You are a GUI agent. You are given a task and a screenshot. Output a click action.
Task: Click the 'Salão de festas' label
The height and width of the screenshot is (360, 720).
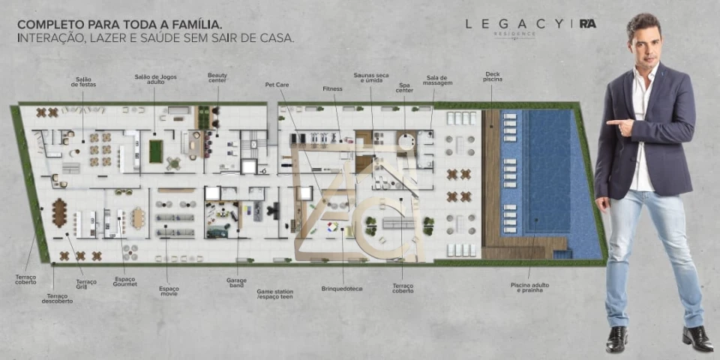84,82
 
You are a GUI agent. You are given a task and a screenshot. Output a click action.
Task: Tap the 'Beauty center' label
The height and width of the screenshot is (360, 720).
217,78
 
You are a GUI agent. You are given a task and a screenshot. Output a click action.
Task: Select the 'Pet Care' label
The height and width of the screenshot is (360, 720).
277,85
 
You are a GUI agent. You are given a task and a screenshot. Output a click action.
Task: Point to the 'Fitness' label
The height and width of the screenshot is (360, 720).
332,88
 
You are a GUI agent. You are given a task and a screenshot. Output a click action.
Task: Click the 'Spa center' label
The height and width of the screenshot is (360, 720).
405,88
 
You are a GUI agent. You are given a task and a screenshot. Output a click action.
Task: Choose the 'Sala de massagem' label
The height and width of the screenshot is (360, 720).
437,80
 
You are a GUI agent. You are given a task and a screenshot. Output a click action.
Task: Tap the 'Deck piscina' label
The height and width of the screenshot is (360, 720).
493,76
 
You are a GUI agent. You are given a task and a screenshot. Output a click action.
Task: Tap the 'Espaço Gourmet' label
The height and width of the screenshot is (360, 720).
124,282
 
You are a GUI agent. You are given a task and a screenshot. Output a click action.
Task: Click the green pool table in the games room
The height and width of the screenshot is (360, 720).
156,151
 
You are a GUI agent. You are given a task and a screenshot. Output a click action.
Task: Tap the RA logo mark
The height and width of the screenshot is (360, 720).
588,24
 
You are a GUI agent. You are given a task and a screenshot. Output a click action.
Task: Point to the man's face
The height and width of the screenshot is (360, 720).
643,43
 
